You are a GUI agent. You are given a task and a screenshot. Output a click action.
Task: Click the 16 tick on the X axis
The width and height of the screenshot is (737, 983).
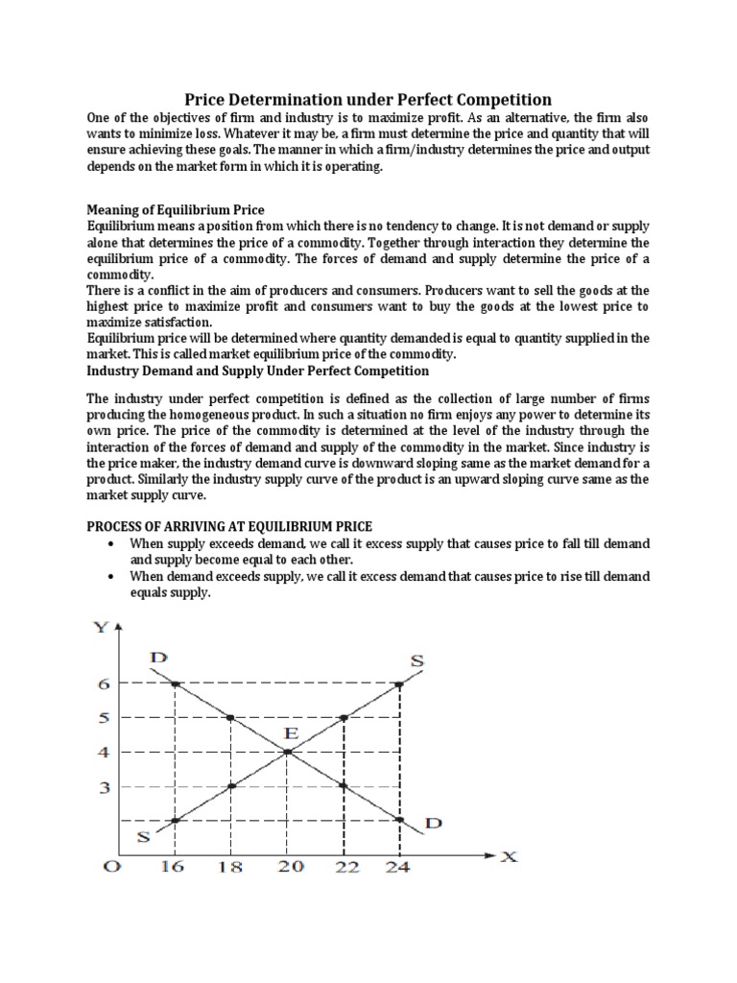[x=174, y=866]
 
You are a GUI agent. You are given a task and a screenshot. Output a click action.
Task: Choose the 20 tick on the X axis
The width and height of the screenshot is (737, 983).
[x=290, y=866]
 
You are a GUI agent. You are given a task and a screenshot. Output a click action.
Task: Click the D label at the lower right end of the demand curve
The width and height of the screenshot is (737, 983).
[x=433, y=823]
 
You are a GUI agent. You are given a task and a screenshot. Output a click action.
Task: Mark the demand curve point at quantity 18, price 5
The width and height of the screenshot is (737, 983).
[x=230, y=717]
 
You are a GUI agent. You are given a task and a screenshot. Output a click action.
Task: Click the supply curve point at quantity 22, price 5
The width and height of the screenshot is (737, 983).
[x=344, y=717]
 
